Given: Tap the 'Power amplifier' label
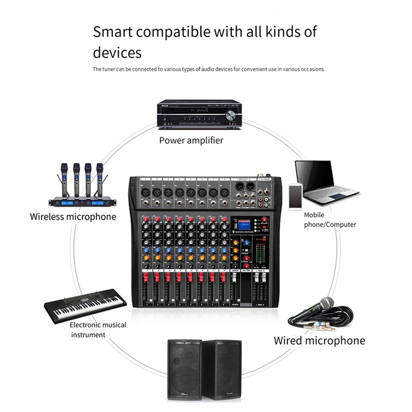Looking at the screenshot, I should click(x=191, y=140).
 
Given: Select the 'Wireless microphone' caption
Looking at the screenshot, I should click(x=73, y=216).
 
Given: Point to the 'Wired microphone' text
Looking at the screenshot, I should click(x=319, y=340).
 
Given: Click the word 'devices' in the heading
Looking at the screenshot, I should click(x=117, y=53).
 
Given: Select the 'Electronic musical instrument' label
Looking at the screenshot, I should click(x=98, y=330).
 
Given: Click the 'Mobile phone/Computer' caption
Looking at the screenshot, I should click(x=330, y=220).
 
